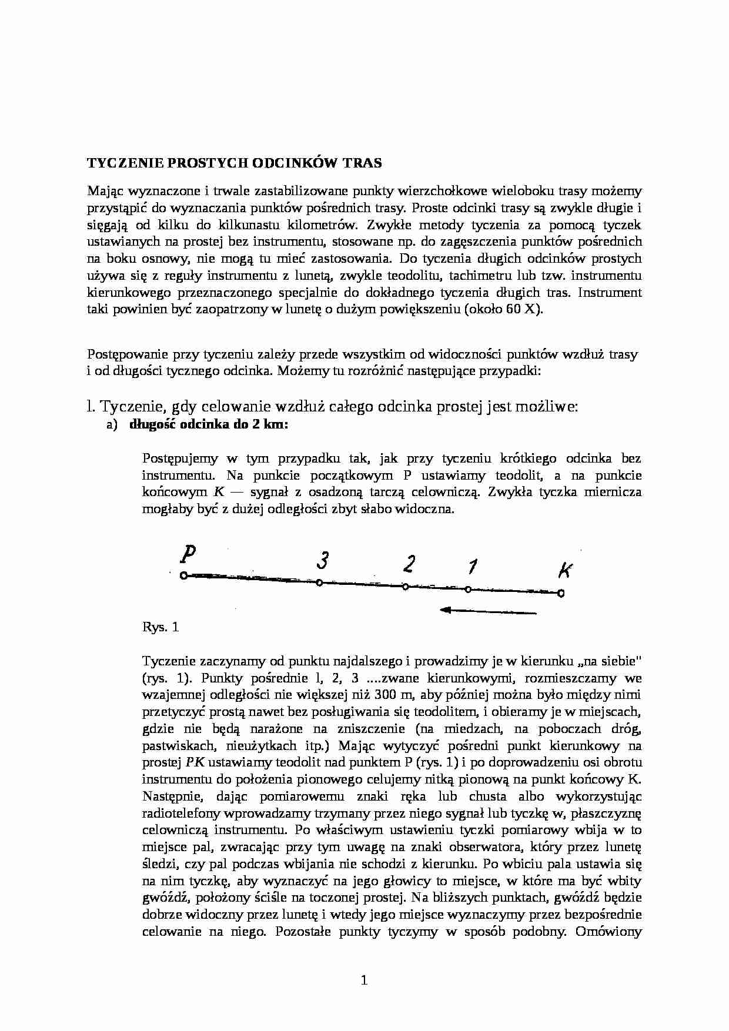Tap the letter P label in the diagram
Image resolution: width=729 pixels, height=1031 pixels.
188,554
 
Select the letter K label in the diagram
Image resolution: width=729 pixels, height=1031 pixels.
564,571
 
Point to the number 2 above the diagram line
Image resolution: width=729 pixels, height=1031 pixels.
409,564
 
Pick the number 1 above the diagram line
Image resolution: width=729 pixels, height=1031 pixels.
471,567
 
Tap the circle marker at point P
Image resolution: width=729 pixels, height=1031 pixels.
183,575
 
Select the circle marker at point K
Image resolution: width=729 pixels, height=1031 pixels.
561,594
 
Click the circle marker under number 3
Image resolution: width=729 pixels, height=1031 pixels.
319,583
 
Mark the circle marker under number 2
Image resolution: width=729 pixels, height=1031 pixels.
405,587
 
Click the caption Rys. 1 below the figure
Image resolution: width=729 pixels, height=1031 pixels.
160,627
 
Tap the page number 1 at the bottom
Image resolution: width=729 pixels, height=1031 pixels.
364,980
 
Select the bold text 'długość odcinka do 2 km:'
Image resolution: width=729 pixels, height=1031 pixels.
209,425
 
